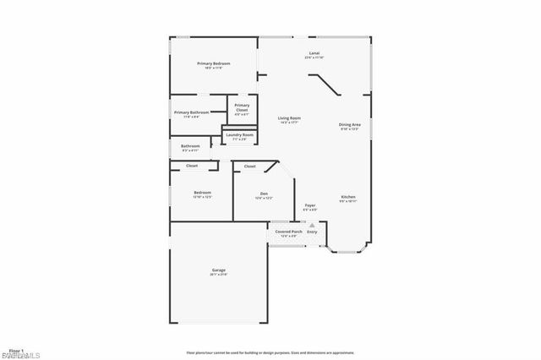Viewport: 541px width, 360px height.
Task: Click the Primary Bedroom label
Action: point(214,63)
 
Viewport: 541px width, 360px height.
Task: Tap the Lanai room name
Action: point(314,53)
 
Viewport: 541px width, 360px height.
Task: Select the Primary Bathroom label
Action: point(191,112)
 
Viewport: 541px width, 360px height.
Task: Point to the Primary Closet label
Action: point(242,107)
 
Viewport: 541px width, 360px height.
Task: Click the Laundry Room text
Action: point(239,134)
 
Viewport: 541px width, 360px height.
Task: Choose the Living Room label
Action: point(290,118)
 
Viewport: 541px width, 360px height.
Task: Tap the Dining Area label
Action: point(350,124)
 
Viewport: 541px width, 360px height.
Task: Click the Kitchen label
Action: point(348,197)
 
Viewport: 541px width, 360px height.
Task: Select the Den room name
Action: point(264,193)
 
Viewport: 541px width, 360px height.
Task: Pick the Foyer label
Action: point(310,205)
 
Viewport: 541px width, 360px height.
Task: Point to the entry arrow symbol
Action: point(313,225)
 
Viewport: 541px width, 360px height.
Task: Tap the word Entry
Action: point(312,231)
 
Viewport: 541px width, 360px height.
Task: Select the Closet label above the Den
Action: point(250,166)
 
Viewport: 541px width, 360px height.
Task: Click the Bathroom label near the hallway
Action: point(190,146)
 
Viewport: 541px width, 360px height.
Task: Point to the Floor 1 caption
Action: point(15,349)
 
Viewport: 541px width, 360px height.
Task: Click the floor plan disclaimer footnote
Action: point(270,352)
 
